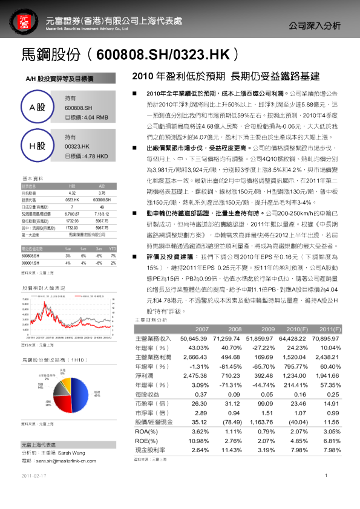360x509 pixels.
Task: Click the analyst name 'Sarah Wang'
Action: (x=71, y=452)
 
